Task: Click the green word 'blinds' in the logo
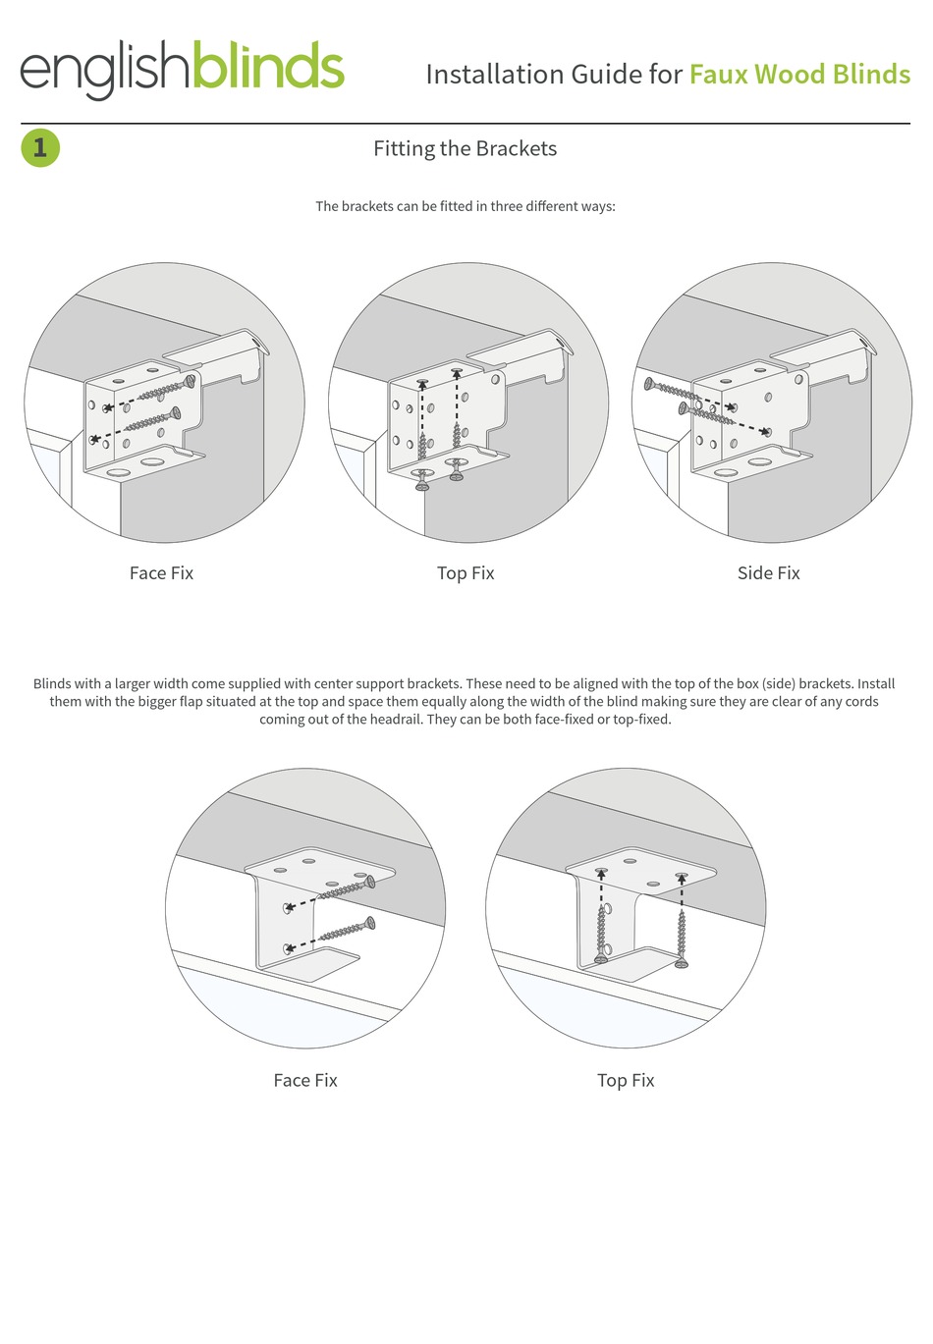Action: tap(267, 67)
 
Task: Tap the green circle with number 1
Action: tap(40, 148)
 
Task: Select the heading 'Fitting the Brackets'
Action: tap(465, 148)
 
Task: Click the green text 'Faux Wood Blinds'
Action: tap(799, 75)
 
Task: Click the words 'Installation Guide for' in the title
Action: tap(554, 75)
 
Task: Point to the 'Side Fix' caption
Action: tap(768, 573)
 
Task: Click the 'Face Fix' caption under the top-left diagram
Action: tap(161, 573)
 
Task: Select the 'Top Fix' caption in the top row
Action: tap(466, 573)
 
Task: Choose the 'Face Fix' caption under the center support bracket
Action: tap(305, 1080)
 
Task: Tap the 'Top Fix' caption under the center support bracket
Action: tap(626, 1080)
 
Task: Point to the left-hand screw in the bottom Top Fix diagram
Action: tap(601, 933)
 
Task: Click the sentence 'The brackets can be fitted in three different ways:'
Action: tap(465, 206)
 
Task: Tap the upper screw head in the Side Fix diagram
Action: tap(649, 384)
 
